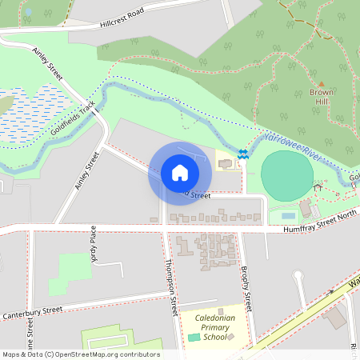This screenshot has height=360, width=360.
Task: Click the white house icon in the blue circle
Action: pyautogui.click(x=180, y=173)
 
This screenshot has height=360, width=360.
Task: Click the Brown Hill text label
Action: pyautogui.click(x=322, y=97)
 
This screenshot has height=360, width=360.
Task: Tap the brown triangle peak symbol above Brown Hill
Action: pyautogui.click(x=322, y=83)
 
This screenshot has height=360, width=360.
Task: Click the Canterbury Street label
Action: pyautogui.click(x=32, y=311)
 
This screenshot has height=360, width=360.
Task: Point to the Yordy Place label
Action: pyautogui.click(x=94, y=244)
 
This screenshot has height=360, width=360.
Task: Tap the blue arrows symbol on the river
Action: pyautogui.click(x=242, y=154)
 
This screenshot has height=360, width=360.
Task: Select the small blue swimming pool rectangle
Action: pyautogui.click(x=288, y=215)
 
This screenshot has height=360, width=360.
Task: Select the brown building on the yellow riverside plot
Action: pyautogui.click(x=225, y=164)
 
